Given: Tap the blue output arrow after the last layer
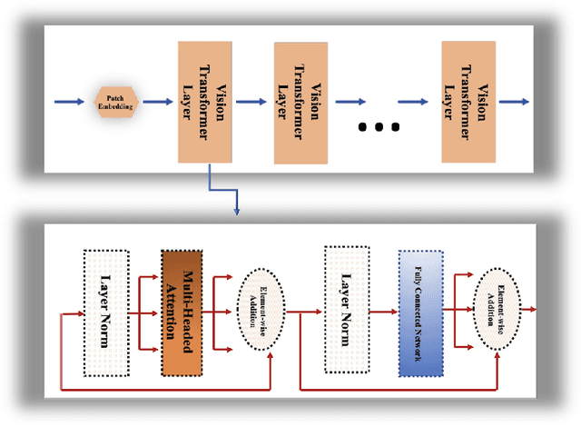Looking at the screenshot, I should [514, 101].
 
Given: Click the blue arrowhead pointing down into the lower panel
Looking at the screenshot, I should [236, 211].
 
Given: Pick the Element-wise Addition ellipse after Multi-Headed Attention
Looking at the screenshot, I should [261, 310].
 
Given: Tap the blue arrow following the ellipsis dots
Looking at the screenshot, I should [419, 101].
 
